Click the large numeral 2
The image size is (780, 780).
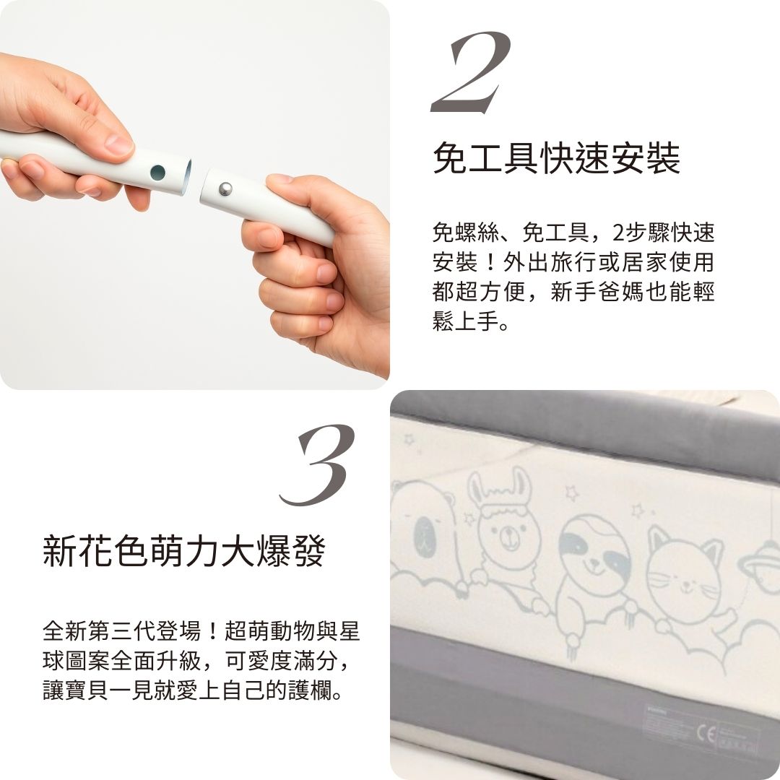point(470,72)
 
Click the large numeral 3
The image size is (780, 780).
point(318,464)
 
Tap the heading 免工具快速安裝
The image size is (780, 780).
point(556,158)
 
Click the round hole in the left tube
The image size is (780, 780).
point(157,173)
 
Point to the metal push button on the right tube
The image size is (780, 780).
point(225,188)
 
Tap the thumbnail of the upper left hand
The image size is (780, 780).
point(119,144)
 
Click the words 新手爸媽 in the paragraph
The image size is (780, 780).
point(609,293)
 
